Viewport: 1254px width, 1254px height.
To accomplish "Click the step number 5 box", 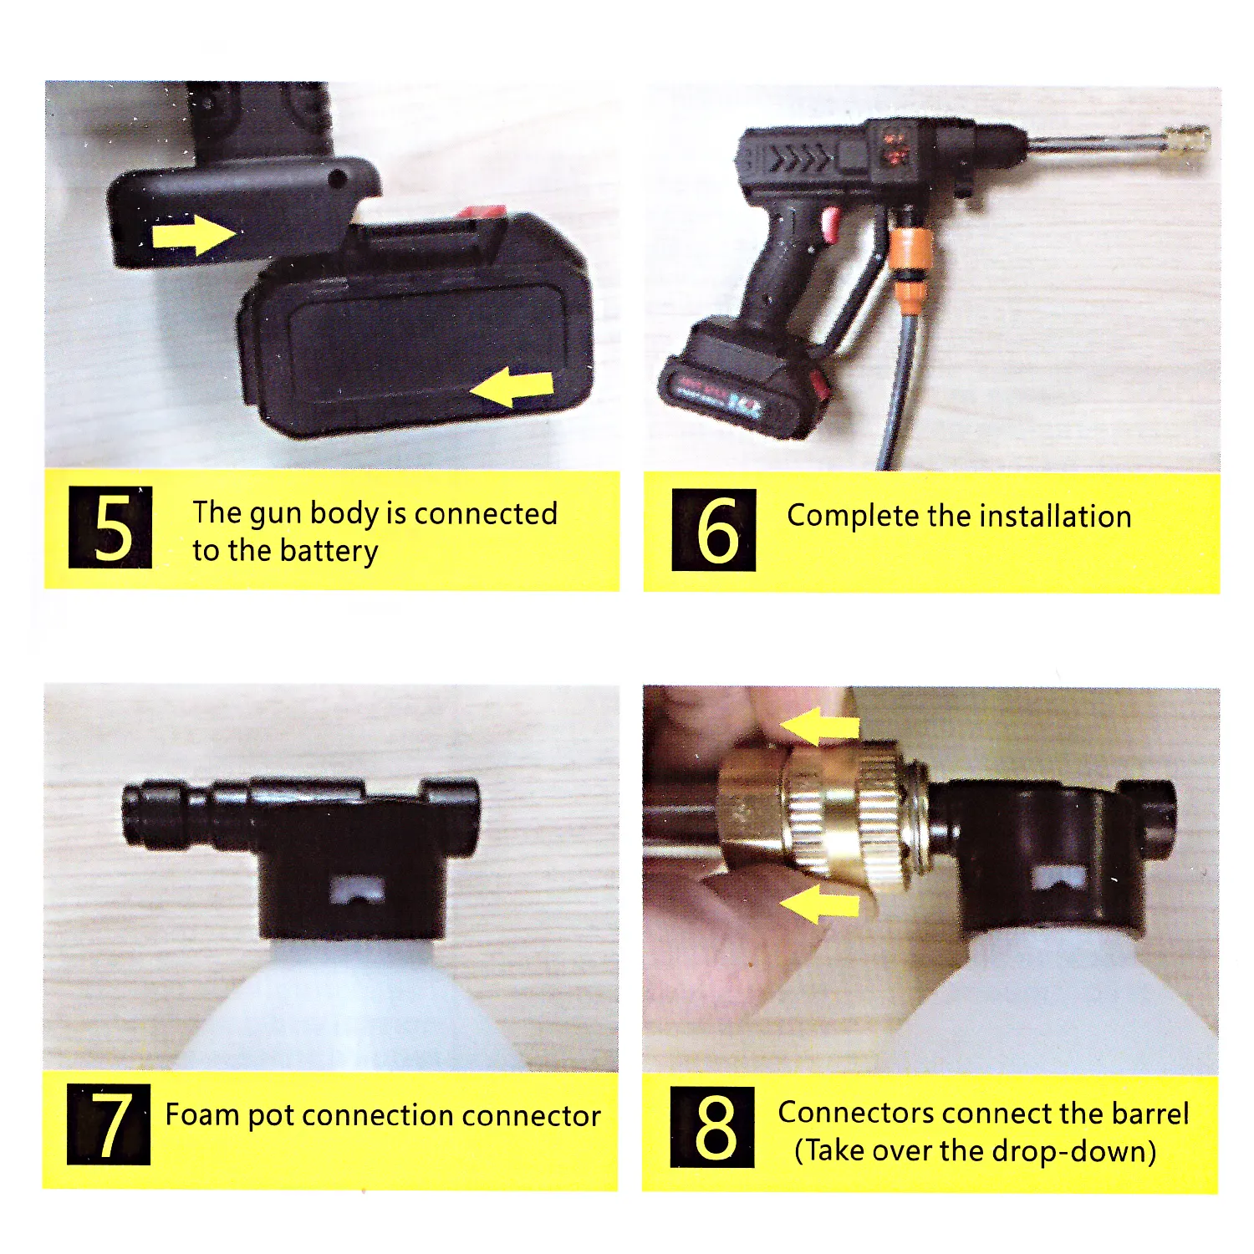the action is pos(110,527).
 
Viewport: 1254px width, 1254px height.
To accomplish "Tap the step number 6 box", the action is pos(714,530).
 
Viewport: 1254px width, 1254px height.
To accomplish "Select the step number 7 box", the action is pos(109,1124).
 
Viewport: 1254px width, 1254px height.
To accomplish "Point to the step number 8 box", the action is pos(712,1127).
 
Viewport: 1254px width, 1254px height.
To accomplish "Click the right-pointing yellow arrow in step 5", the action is pos(194,233).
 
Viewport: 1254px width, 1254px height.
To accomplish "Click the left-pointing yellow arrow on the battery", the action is pos(512,388).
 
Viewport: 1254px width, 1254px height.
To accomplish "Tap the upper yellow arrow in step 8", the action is pos(819,726).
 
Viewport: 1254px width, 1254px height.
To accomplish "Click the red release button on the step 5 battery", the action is pos(481,212).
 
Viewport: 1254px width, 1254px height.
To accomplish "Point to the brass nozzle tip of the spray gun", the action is pos(1187,138).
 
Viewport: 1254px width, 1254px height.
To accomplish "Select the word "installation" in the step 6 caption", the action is pos(1055,517).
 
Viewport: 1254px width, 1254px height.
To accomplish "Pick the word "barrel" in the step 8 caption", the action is pos(1149,1114).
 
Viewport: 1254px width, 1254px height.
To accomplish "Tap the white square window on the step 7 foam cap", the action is pos(357,890).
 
